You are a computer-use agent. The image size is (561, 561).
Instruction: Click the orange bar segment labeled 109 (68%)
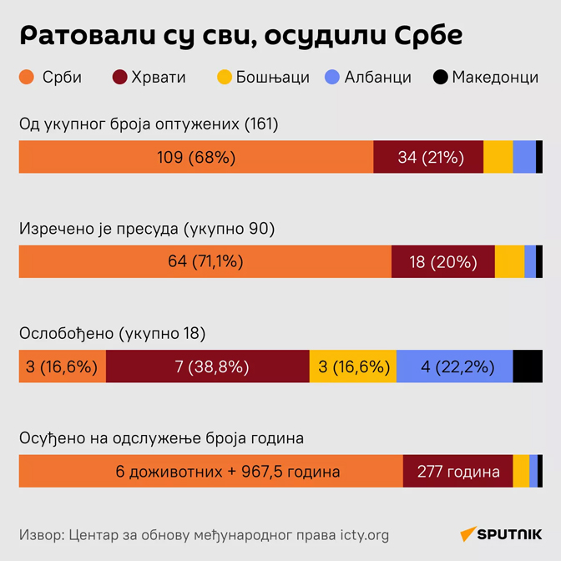[x=196, y=157]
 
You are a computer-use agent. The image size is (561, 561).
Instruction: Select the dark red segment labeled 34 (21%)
[x=428, y=157]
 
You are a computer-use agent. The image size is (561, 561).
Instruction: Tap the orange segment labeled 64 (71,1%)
[x=205, y=261]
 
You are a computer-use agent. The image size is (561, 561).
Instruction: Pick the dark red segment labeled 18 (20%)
[x=443, y=261]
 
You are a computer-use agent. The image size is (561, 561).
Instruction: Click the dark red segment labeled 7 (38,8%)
[x=208, y=366]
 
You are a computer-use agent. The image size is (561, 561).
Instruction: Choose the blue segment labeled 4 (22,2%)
[x=454, y=366]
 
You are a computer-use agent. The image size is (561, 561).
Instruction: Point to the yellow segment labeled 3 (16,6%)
[x=352, y=366]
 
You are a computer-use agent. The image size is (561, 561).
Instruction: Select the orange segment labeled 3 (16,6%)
[x=63, y=366]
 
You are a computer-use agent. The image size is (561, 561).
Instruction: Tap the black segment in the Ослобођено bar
[x=528, y=366]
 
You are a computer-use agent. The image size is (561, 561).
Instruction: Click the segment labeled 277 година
[x=457, y=472]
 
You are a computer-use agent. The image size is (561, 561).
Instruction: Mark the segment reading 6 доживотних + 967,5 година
[x=211, y=472]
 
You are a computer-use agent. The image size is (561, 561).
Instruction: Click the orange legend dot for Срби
[x=27, y=78]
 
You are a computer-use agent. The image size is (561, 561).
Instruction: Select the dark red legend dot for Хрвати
[x=119, y=78]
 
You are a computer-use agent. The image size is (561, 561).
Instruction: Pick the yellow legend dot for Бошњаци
[x=224, y=78]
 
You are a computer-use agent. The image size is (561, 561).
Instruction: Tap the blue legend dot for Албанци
[x=331, y=78]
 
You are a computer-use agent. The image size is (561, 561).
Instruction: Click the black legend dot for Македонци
[x=440, y=78]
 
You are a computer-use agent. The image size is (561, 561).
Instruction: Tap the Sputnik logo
[x=499, y=534]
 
